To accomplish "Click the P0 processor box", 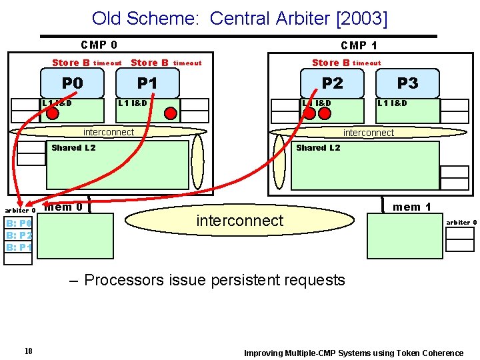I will click(72, 83).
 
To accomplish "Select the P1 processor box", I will click(147, 83).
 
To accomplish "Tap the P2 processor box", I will click(332, 83).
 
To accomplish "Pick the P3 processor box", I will click(407, 83).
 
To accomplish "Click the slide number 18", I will click(28, 352).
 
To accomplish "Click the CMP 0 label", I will click(99, 45).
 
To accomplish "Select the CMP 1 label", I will click(359, 45).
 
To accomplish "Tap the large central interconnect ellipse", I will click(239, 221).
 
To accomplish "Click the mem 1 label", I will click(412, 207).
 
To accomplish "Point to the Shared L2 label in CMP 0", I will click(73, 147).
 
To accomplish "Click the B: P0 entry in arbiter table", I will click(19, 223).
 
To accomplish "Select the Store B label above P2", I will click(331, 63).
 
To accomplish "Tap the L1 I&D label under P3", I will click(392, 103).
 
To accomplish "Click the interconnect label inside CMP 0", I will click(108, 132).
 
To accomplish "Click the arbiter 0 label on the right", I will click(461, 222).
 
